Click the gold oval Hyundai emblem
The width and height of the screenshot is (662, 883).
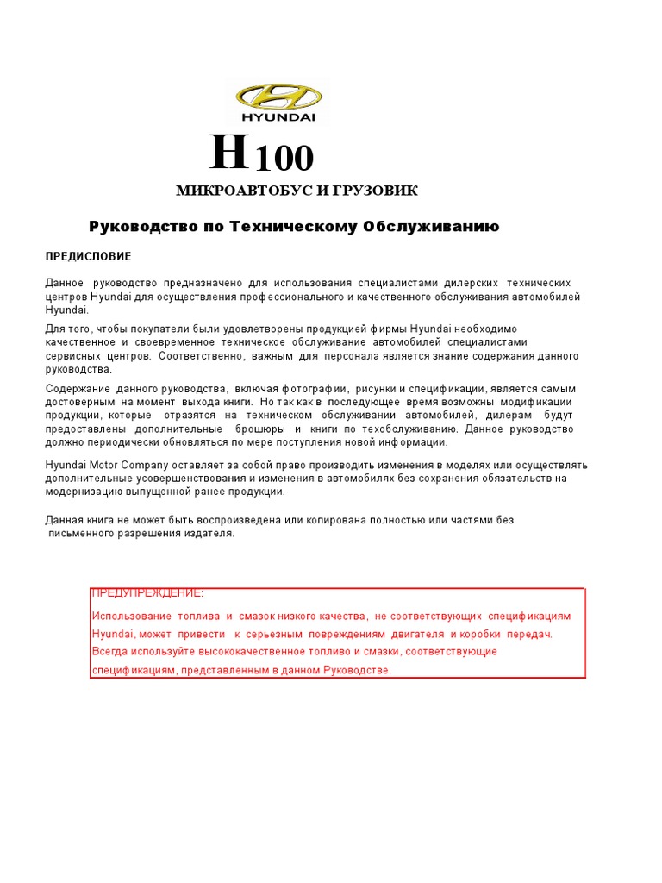278,95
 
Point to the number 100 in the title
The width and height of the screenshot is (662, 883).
284,159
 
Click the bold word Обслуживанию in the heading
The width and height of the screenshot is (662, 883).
431,227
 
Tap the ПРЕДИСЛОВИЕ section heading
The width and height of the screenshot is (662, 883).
88,257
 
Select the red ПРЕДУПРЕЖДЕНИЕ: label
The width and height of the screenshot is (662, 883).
147,594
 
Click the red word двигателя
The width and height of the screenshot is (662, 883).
417,634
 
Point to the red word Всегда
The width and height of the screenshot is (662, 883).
110,652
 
